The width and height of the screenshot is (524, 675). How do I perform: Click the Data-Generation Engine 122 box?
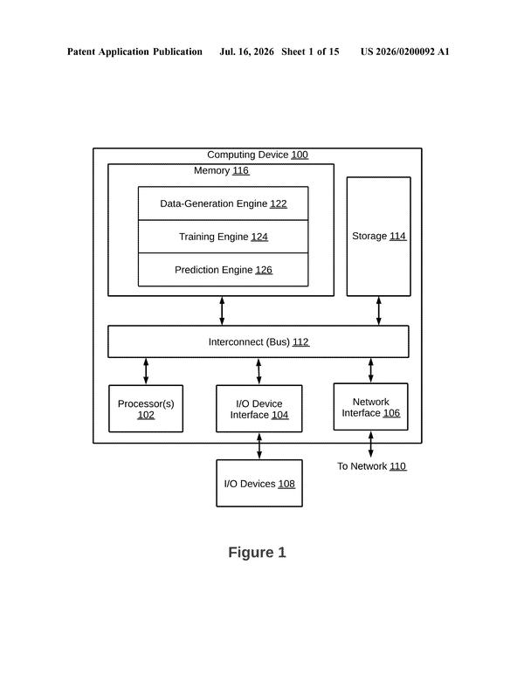[x=223, y=203]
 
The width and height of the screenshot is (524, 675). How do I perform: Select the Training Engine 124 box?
[x=223, y=237]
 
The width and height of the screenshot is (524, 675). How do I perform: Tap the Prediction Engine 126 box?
[x=223, y=270]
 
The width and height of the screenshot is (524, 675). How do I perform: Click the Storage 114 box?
[x=378, y=237]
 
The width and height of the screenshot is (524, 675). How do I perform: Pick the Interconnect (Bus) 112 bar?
[x=258, y=341]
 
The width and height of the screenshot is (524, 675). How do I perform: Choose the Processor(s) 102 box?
[x=146, y=409]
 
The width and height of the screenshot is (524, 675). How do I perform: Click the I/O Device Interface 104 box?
[x=259, y=409]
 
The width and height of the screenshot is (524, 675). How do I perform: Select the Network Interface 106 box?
[x=370, y=407]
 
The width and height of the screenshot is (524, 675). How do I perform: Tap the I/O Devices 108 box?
[x=259, y=483]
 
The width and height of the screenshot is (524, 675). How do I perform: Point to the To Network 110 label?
[x=371, y=466]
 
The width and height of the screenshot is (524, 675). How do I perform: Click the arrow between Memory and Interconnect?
[x=222, y=310]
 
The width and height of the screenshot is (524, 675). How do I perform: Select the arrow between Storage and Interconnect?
[x=378, y=310]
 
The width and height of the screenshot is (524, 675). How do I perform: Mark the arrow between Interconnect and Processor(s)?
[x=146, y=371]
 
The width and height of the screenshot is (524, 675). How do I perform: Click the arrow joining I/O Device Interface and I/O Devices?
[x=259, y=446]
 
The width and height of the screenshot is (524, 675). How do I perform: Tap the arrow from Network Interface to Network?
[x=370, y=444]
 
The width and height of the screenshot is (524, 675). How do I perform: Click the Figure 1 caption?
[x=257, y=552]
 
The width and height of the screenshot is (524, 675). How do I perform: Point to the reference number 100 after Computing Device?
[x=300, y=155]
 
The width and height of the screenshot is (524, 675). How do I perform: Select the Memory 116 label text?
[x=221, y=170]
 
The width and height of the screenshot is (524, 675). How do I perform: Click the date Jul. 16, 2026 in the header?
[x=246, y=52]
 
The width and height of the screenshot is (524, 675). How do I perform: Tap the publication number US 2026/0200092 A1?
[x=404, y=52]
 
